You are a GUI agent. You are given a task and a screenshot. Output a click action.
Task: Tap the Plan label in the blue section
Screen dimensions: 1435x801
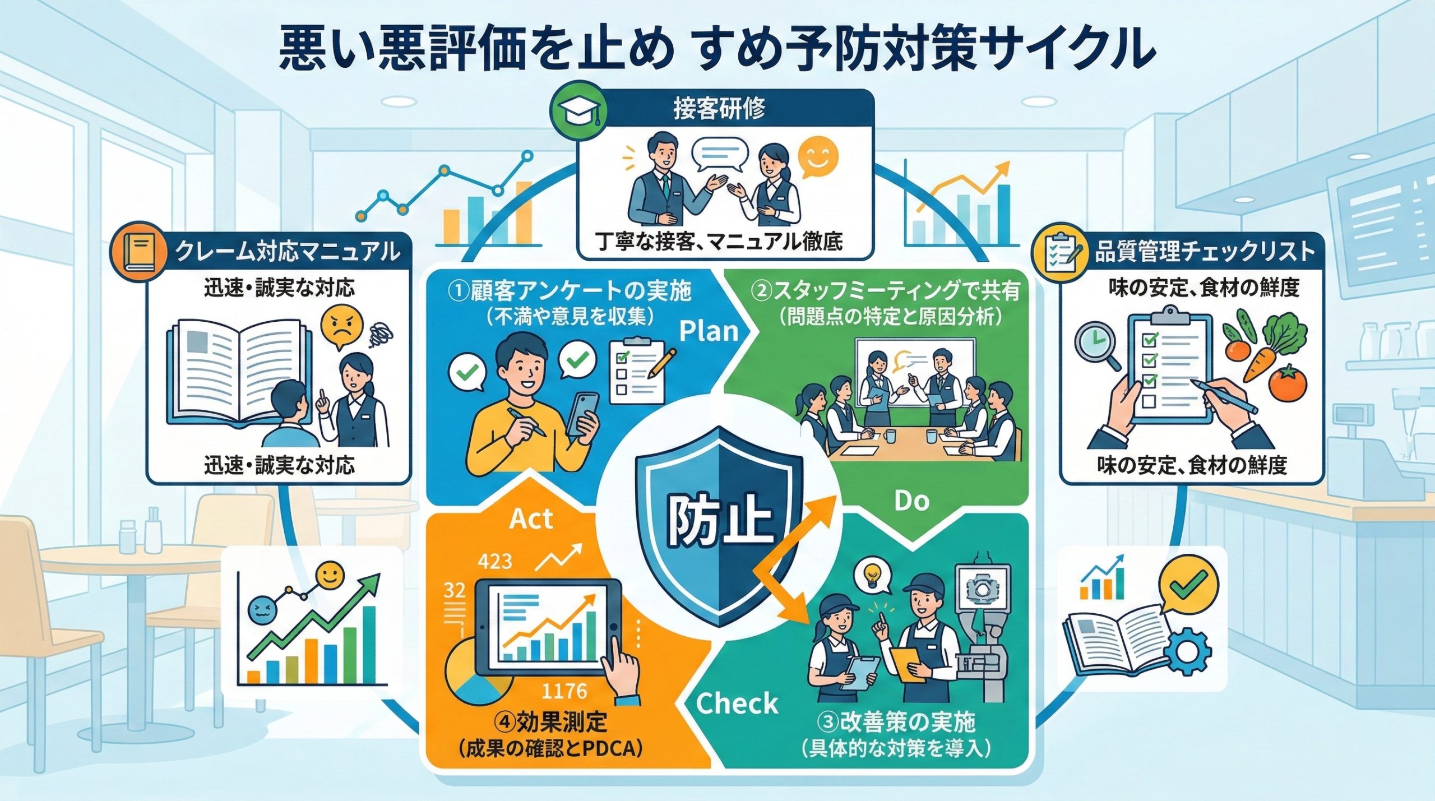click(709, 331)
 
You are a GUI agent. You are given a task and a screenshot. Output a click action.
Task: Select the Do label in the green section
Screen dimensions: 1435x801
click(911, 501)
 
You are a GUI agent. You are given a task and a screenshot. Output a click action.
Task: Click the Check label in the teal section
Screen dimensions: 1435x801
click(737, 703)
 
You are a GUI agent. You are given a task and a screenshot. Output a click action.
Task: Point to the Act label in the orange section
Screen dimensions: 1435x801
click(531, 518)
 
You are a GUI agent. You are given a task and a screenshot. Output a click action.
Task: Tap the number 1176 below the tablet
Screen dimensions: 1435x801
click(564, 691)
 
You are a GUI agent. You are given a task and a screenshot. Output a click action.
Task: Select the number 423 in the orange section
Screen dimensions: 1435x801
click(494, 561)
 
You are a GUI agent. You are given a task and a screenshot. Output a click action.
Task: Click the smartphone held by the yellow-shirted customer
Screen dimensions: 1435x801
click(582, 414)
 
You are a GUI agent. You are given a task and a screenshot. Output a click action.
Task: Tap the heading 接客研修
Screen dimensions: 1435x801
click(719, 108)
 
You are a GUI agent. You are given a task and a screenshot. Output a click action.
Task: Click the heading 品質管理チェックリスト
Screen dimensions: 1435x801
click(1204, 252)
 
